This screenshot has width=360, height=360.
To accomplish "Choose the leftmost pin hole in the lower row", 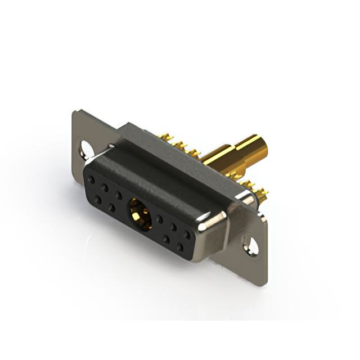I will pos(98,200).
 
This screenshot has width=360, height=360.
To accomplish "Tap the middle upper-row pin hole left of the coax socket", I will pos(104,188).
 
